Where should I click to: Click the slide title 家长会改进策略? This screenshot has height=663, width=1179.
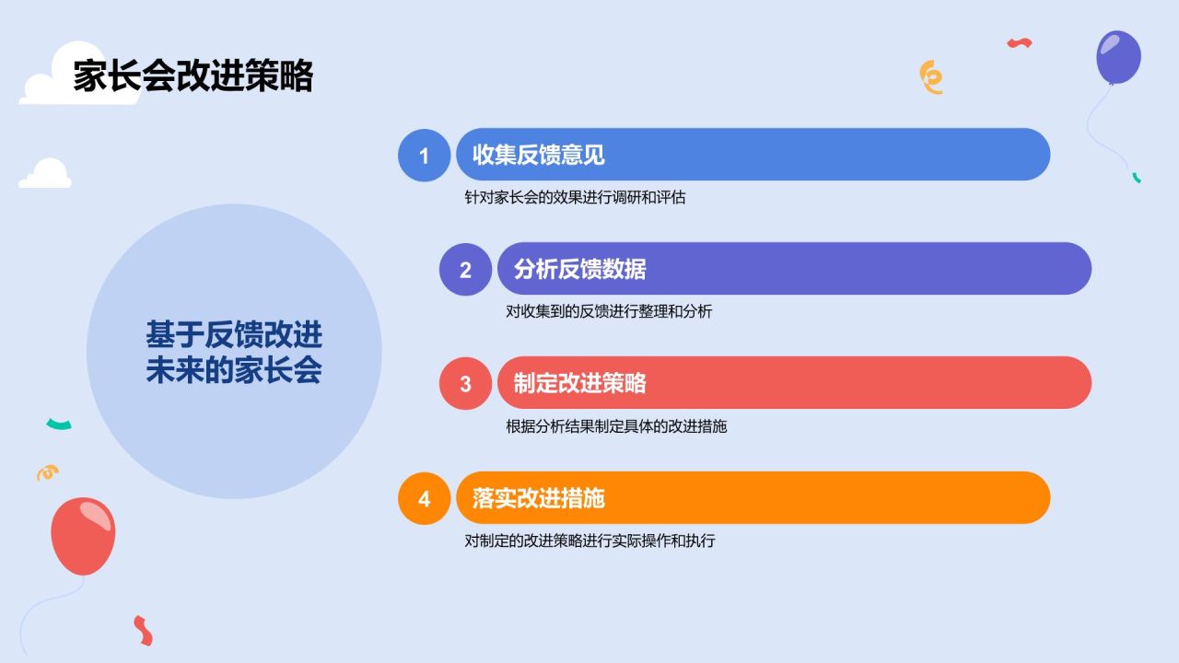[193, 76]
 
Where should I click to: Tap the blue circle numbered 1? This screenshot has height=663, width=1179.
[425, 156]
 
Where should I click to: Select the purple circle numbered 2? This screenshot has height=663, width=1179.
[465, 270]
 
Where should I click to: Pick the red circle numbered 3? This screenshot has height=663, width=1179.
[465, 384]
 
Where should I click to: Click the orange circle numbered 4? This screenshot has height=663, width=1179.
[425, 498]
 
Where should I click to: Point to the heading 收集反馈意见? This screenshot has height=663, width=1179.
[539, 155]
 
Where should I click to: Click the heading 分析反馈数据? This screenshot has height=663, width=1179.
[579, 269]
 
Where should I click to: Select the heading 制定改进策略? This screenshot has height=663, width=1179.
[579, 383]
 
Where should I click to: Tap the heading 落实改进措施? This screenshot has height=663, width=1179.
[539, 498]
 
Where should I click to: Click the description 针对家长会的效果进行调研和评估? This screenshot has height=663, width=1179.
[575, 197]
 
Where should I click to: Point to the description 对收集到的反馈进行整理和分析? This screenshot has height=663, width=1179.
[609, 311]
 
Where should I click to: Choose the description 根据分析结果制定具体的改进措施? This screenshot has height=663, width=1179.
[616, 426]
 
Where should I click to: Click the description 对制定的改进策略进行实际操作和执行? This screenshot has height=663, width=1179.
[589, 541]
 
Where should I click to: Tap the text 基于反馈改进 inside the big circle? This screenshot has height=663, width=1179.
[234, 334]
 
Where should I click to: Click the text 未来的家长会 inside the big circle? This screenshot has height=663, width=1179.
[234, 370]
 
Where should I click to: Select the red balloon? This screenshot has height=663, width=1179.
[83, 536]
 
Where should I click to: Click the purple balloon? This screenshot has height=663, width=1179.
[1118, 57]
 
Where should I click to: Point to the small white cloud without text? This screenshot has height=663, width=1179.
[45, 174]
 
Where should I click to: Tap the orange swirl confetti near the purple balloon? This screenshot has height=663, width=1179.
[931, 77]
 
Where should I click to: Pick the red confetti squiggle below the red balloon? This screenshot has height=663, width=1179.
[143, 631]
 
